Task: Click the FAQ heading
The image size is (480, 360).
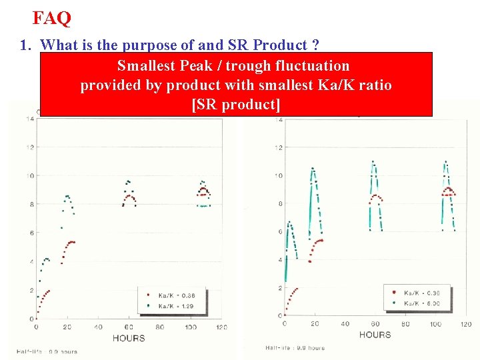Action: [51, 18]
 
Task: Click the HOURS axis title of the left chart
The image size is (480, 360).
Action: [128, 338]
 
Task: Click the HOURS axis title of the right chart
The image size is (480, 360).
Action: [375, 334]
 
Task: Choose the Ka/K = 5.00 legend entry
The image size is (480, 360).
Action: [422, 302]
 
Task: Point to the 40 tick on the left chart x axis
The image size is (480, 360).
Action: [98, 327]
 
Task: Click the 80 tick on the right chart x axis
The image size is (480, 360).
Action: [405, 324]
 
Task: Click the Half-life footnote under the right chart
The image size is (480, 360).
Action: [295, 347]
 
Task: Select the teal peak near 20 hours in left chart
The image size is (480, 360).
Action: [67, 196]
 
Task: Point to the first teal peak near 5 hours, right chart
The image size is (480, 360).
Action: [288, 223]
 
